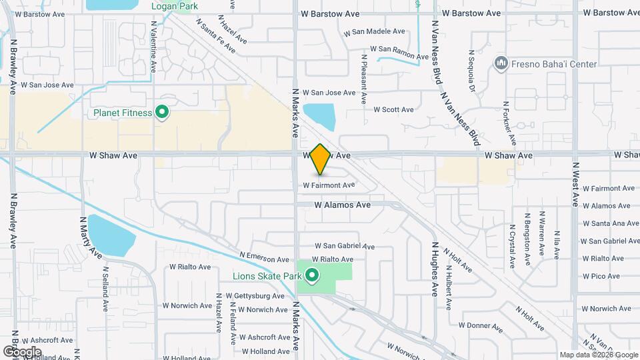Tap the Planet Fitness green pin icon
(161, 112)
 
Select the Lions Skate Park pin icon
(311, 273)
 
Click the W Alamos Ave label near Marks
(342, 205)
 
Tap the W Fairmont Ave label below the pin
(329, 185)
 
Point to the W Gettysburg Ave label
(255, 295)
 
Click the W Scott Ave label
(393, 109)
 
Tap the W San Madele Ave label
(374, 31)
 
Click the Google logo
(22, 351)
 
